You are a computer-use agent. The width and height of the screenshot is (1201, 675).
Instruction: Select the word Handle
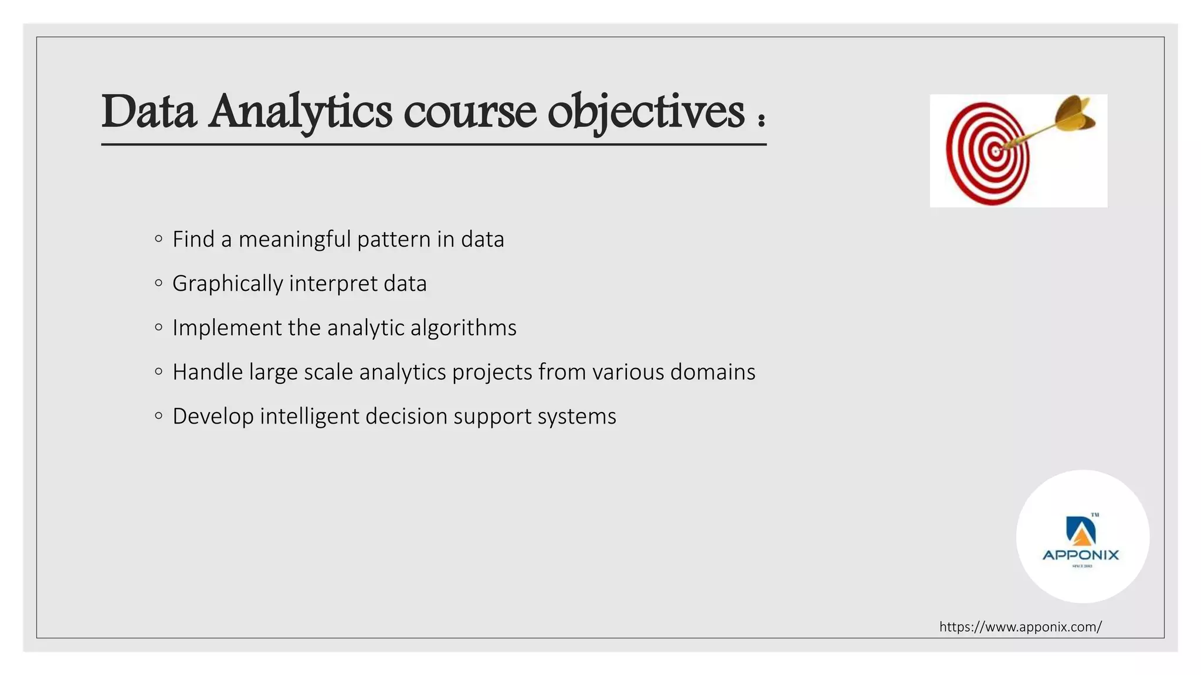click(x=207, y=372)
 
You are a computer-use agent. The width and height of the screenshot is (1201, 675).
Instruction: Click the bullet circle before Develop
click(x=158, y=416)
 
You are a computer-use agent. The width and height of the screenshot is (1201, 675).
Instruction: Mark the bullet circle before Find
click(x=158, y=238)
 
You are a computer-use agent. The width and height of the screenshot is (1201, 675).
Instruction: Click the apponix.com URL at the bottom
click(x=1020, y=627)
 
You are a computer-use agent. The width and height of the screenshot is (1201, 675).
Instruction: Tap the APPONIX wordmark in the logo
click(x=1081, y=555)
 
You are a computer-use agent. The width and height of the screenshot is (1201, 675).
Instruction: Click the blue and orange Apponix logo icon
click(x=1080, y=530)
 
